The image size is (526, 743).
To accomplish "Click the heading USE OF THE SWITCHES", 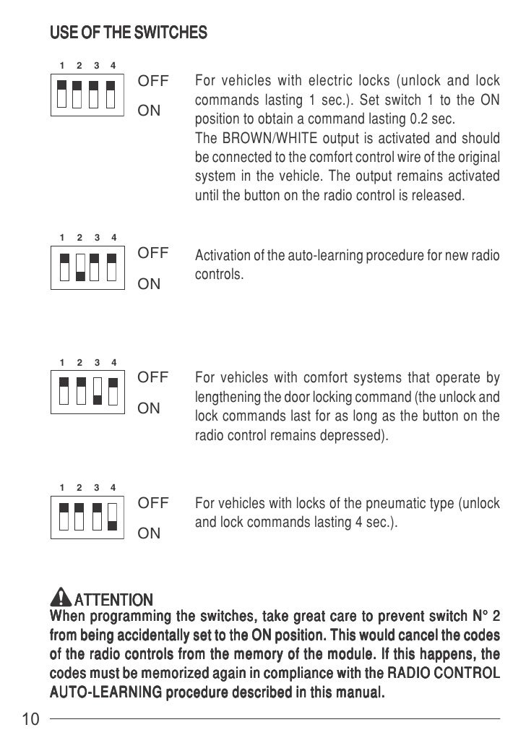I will (127, 33).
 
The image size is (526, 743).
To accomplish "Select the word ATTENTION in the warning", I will (113, 600).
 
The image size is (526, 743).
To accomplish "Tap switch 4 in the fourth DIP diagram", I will (112, 515).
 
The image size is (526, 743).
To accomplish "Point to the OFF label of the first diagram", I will (152, 82).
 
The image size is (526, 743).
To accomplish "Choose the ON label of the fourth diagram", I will (149, 533).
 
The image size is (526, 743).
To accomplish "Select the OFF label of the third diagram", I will (152, 377).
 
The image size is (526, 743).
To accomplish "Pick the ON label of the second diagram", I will (149, 284).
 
